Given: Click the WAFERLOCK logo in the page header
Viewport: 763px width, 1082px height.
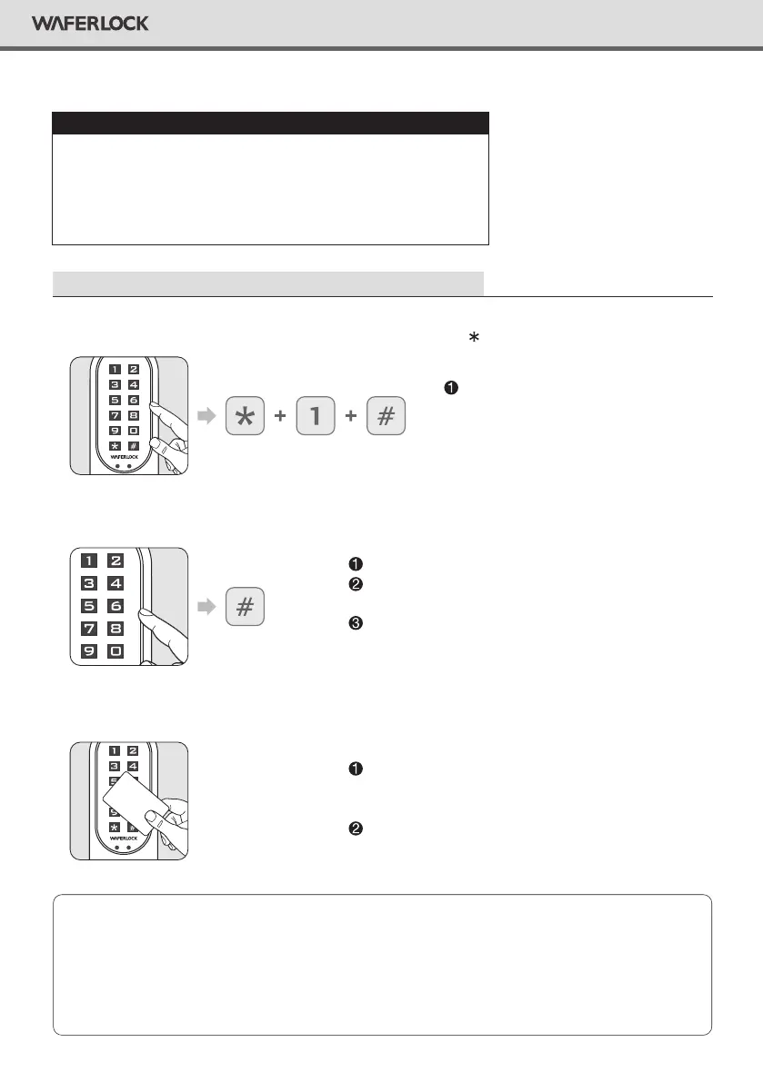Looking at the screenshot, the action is tap(90, 24).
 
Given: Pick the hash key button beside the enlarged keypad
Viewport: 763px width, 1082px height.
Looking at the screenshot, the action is tap(244, 608).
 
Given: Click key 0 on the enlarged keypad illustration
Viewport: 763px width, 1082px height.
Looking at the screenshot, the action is tap(116, 651).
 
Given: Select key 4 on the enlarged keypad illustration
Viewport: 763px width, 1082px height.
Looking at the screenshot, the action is tap(116, 584).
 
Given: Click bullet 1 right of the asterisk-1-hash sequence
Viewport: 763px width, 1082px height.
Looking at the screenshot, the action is tap(448, 388).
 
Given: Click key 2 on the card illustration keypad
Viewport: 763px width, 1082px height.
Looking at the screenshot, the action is tap(133, 751).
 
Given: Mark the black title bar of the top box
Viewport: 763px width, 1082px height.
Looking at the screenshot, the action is tap(270, 123).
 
